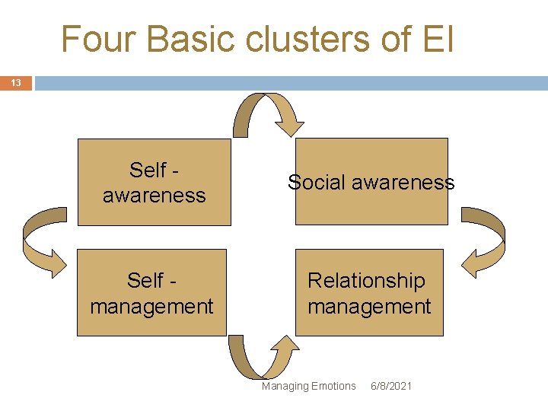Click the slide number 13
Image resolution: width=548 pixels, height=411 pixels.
[x=15, y=83]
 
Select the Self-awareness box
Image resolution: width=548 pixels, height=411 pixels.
[x=154, y=182]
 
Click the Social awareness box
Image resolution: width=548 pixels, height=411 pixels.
[x=371, y=182]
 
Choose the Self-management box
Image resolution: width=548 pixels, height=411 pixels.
[x=152, y=293]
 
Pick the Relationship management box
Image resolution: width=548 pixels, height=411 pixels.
[x=369, y=293]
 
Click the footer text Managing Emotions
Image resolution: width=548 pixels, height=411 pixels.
[x=308, y=386]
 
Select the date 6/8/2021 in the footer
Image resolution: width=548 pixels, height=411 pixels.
[x=390, y=386]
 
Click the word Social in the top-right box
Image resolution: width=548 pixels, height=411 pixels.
[x=314, y=182]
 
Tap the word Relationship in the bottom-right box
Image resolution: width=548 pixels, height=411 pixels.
[x=366, y=281]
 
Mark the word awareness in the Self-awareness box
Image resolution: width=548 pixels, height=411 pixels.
[x=154, y=196]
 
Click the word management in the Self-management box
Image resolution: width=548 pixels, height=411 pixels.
[x=152, y=307]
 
